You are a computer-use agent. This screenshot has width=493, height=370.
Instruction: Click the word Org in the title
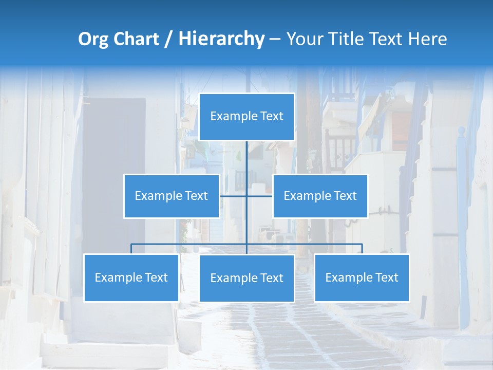93,39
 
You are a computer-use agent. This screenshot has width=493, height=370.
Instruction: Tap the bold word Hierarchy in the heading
221,39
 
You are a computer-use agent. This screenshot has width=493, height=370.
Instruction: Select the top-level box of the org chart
246,117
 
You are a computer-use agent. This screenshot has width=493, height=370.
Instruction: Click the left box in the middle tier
172,196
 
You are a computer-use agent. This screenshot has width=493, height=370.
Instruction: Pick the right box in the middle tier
320,196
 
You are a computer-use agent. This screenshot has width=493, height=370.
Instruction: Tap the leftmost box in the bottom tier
131,277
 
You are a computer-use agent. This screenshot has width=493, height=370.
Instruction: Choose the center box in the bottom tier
246,278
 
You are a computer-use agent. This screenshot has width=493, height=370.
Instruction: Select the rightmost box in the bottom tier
362,277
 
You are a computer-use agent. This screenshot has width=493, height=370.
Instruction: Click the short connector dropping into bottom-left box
131,249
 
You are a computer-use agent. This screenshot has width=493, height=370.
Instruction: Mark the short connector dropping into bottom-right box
362,249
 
